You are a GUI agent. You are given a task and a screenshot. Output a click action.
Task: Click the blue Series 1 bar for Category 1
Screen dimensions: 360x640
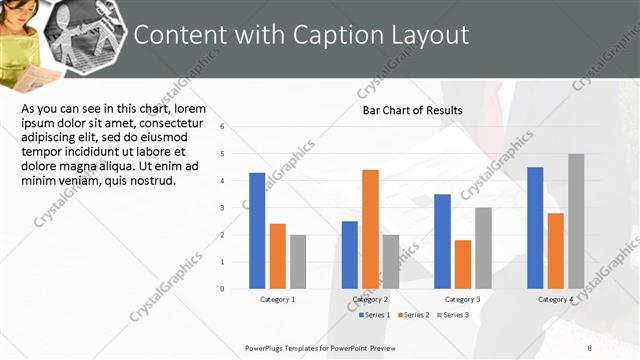[257, 231]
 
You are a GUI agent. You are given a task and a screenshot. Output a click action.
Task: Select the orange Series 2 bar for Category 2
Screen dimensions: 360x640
[370, 229]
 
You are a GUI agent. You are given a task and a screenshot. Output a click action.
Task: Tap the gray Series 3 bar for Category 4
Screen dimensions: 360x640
[576, 221]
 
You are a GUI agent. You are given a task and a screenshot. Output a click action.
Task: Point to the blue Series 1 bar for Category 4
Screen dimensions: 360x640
[535, 228]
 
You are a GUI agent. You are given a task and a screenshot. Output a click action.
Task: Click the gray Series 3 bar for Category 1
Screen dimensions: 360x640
[298, 262]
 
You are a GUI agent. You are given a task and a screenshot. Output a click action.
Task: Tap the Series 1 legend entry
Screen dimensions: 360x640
[375, 316]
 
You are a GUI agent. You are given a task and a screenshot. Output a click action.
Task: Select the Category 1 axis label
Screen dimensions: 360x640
[277, 300]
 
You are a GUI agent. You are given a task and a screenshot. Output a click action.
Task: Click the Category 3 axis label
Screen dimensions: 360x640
[463, 300]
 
